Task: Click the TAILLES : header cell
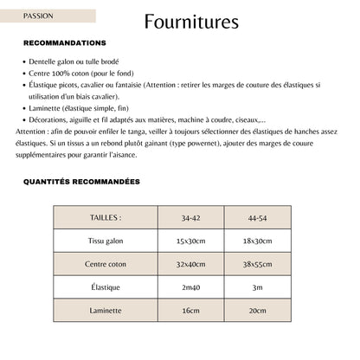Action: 106,217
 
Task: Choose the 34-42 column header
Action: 190,217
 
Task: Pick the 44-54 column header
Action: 257,217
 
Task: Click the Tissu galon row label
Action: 106,241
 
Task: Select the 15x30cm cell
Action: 190,241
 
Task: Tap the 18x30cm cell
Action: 257,241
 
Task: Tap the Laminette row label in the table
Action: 106,310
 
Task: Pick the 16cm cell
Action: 190,310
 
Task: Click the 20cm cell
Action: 257,310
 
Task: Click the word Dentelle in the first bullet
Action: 43,62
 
